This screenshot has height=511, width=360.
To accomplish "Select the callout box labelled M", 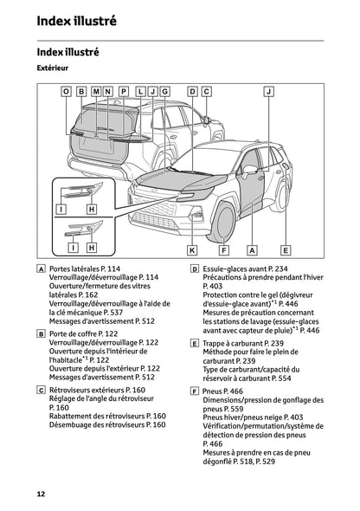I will pos(95,91).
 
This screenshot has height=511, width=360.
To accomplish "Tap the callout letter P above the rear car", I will pos(124,91).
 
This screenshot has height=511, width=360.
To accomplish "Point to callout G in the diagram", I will pos(165,91).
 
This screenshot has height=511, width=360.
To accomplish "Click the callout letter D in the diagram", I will pos(193,91).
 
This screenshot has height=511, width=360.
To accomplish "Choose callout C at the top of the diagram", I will pos(207,91).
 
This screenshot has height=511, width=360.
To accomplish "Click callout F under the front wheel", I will pos(223,249).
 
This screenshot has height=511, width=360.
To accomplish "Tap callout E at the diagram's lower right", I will pos(286,249).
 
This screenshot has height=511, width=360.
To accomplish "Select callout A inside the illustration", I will pos(253,249).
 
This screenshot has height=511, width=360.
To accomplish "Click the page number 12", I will pos(41,493).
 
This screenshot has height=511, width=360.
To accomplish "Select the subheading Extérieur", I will pos(53,67).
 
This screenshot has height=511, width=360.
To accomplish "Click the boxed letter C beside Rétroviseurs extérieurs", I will pos(42,388).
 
